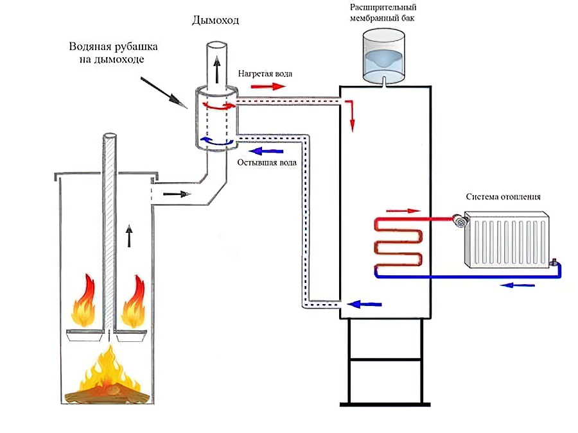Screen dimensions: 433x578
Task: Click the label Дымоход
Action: [x=215, y=21]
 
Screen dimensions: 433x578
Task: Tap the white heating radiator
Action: [x=508, y=239]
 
